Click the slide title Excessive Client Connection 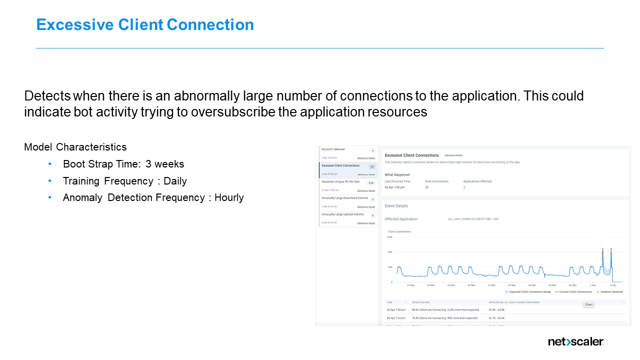coord(145,24)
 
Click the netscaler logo coord(575,342)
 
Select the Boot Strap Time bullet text coord(123,164)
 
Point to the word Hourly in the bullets coord(229,197)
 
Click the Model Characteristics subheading coord(75,147)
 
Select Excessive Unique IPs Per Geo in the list coord(340,182)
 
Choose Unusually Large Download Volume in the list coord(344,198)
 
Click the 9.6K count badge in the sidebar coord(371,183)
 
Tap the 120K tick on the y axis coord(389,237)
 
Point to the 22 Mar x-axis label coord(491,285)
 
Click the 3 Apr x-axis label coord(612,285)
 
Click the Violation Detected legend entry coord(611,291)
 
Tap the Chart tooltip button coord(588,304)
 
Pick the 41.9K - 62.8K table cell coord(498,310)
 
